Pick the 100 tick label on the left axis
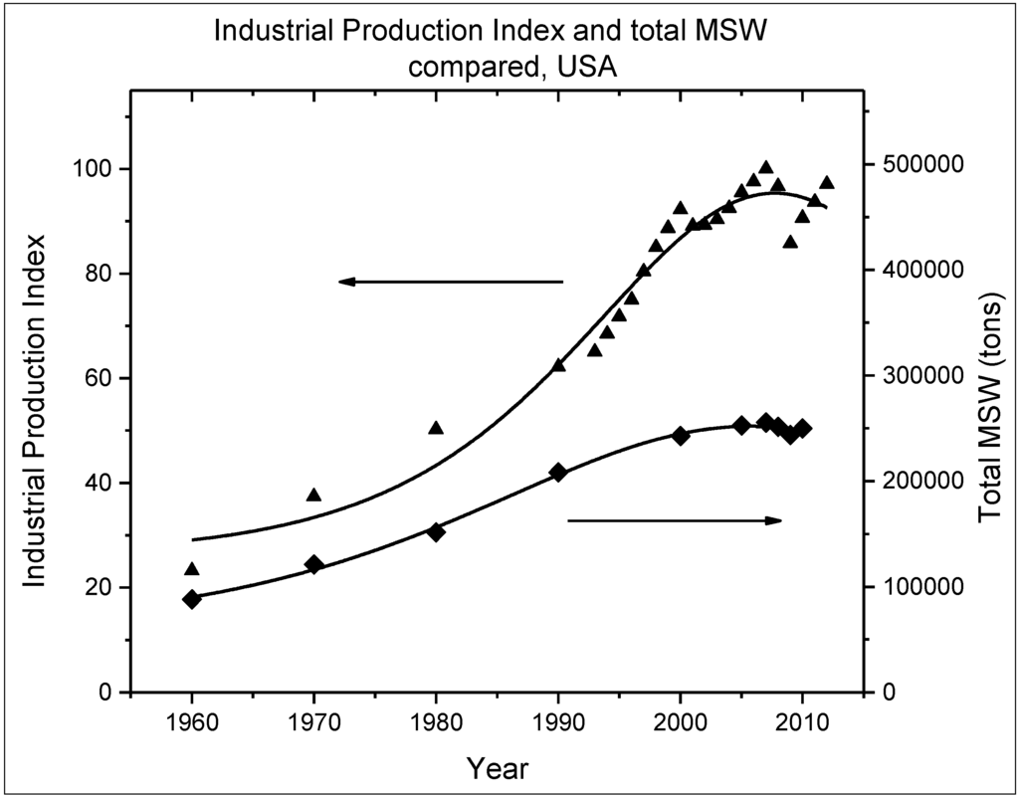(94, 169)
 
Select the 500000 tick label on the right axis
(915, 164)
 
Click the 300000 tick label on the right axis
(915, 375)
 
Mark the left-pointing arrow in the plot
(451, 282)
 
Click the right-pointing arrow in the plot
(675, 520)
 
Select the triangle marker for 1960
(192, 569)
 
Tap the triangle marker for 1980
(436, 428)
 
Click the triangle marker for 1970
(313, 495)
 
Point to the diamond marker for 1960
(192, 599)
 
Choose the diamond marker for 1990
(558, 473)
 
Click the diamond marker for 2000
(681, 436)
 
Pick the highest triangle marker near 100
(765, 168)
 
